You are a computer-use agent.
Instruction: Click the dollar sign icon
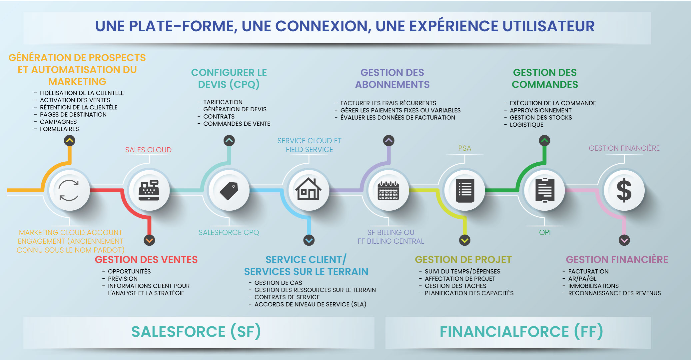click(624, 190)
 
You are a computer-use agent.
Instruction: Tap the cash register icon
click(149, 190)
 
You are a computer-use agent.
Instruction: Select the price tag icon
click(229, 190)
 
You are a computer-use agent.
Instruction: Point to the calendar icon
click(388, 191)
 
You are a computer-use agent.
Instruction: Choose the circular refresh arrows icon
click(69, 190)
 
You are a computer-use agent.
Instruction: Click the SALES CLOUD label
click(148, 150)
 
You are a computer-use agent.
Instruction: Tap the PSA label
click(464, 148)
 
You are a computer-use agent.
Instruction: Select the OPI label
click(545, 232)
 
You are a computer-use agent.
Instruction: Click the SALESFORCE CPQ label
click(229, 232)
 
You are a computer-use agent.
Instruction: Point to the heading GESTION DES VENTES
click(146, 259)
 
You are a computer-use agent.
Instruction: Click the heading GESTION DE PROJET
click(463, 259)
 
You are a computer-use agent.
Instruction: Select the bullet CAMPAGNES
click(58, 122)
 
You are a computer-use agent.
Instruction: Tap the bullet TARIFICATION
click(223, 102)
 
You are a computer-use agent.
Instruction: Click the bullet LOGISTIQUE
click(526, 125)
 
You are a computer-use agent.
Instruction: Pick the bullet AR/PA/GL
click(582, 279)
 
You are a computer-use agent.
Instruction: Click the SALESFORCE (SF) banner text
click(196, 332)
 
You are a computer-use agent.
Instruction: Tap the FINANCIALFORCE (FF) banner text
click(521, 332)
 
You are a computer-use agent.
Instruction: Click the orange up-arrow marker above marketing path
click(70, 141)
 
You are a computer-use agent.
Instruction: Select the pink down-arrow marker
click(624, 240)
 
